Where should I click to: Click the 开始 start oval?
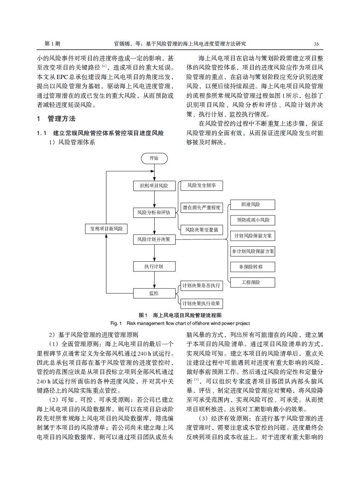point(154,158)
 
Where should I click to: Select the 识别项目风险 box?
point(154,186)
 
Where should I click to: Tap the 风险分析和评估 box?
point(154,212)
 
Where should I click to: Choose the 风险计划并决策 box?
point(154,239)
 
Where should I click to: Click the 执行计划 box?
point(154,266)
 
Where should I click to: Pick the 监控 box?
point(154,293)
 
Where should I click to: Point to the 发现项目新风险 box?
point(106,229)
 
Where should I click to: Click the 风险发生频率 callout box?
point(202,186)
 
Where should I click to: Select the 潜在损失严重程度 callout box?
point(202,207)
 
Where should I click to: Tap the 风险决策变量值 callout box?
point(202,230)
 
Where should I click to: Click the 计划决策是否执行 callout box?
point(201,285)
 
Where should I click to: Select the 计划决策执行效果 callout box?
point(201,303)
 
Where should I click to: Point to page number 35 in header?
point(316,44)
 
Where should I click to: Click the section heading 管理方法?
point(61,119)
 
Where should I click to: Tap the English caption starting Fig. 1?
point(180,323)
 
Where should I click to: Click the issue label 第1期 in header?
point(52,44)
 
